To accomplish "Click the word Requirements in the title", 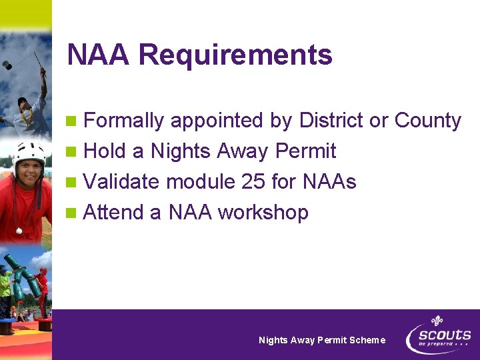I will pyautogui.click(x=235, y=55).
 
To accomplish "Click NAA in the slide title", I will pyautogui.click(x=99, y=55).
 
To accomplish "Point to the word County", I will pyautogui.click(x=427, y=121).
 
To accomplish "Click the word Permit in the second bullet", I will pyautogui.click(x=305, y=151).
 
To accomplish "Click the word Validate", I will pyautogui.click(x=122, y=181).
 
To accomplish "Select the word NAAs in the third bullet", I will pyautogui.click(x=329, y=181).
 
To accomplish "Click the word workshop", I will pyautogui.click(x=263, y=213).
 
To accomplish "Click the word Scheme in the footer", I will pyautogui.click(x=367, y=340).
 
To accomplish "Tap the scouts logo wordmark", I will pyautogui.click(x=445, y=335).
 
